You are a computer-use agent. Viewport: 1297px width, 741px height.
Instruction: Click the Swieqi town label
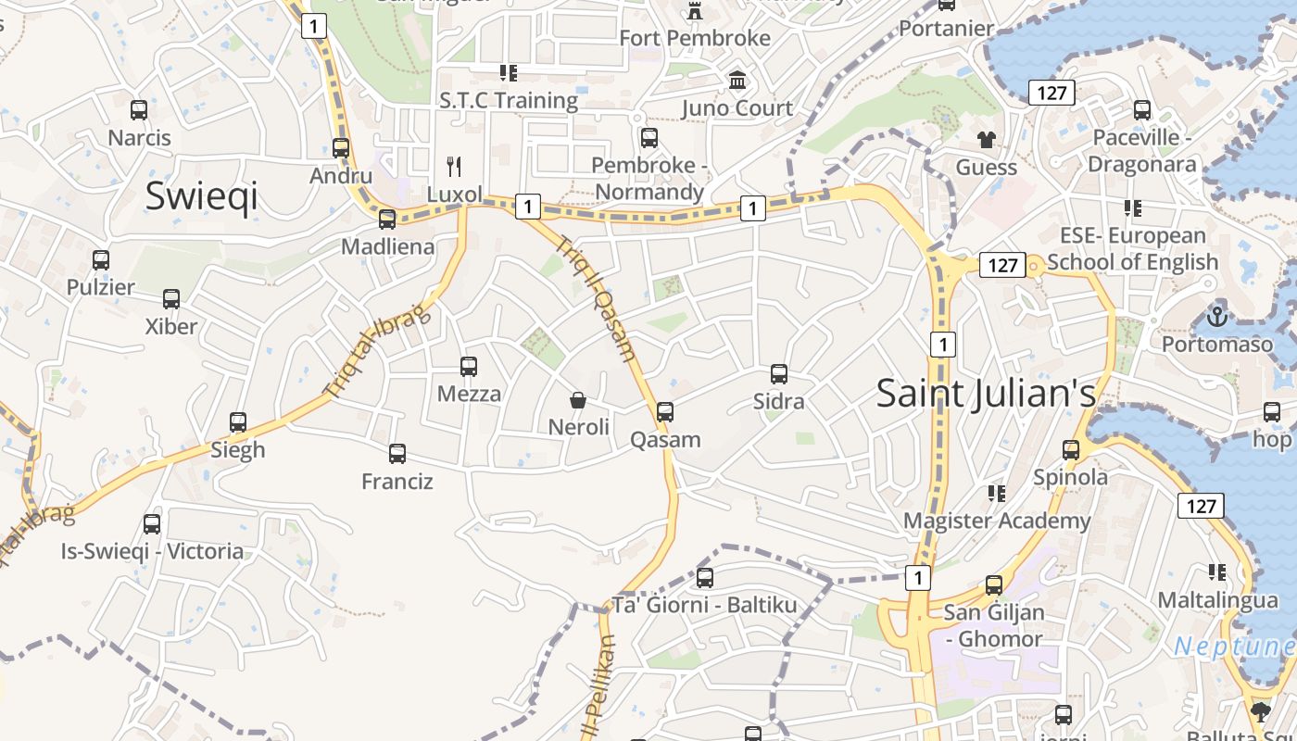[201, 196]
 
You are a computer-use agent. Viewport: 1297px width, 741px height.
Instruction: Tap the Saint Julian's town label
[986, 393]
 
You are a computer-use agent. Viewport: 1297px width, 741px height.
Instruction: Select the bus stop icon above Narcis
[139, 110]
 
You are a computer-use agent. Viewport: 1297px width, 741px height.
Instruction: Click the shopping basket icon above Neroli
[578, 400]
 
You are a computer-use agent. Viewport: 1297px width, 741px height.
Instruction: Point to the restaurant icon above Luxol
[454, 167]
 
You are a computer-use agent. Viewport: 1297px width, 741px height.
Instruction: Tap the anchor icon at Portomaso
[1216, 318]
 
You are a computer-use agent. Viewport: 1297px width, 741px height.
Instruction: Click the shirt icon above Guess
[986, 140]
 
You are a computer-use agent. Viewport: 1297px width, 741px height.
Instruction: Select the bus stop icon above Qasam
[665, 412]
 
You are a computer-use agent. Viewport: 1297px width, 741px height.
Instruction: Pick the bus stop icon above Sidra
[779, 374]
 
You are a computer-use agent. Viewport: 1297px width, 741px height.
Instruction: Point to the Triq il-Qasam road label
[596, 298]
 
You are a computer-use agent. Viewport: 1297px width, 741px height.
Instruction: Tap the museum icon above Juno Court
[737, 81]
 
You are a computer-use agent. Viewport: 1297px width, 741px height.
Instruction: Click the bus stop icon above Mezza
[469, 367]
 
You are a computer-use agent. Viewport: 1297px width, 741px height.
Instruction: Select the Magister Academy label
[997, 521]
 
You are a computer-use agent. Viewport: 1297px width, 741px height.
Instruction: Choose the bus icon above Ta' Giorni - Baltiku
[705, 578]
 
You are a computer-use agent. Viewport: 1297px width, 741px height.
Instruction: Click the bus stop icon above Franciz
[397, 454]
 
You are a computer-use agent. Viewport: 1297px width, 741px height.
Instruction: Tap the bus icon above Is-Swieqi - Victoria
[152, 524]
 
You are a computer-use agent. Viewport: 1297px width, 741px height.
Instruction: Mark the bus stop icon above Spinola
[1071, 450]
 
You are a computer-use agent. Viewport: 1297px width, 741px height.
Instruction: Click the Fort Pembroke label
[695, 38]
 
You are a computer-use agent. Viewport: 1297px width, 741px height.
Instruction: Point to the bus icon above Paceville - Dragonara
[1142, 110]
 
